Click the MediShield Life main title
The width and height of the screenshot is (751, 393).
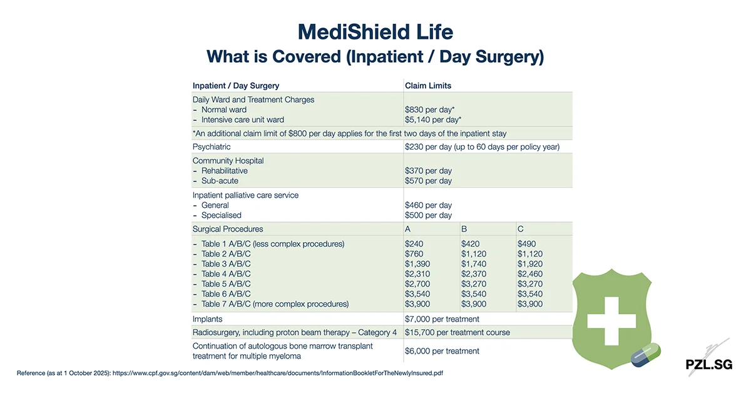pyautogui.click(x=375, y=31)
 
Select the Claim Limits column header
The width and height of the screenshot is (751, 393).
pyautogui.click(x=427, y=86)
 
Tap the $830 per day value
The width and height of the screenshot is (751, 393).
pyautogui.click(x=429, y=110)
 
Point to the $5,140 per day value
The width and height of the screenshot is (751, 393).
pyautogui.click(x=433, y=120)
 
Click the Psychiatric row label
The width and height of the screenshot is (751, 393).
pyautogui.click(x=212, y=146)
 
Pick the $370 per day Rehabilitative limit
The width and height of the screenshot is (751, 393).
pyautogui.click(x=428, y=170)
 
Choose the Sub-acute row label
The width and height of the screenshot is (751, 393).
pyautogui.click(x=220, y=181)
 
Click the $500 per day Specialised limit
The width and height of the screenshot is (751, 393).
pyautogui.click(x=428, y=215)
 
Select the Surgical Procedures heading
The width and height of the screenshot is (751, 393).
pyautogui.click(x=228, y=229)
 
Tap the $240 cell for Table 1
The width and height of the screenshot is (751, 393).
pyautogui.click(x=414, y=243)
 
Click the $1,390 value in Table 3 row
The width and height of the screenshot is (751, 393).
pyautogui.click(x=417, y=264)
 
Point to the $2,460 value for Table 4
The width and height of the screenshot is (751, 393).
pyautogui.click(x=530, y=274)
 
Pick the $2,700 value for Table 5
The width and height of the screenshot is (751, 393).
pyautogui.click(x=417, y=284)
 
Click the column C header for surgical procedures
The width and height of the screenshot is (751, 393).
pyautogui.click(x=521, y=229)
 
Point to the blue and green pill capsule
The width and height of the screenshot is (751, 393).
pyautogui.click(x=645, y=355)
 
